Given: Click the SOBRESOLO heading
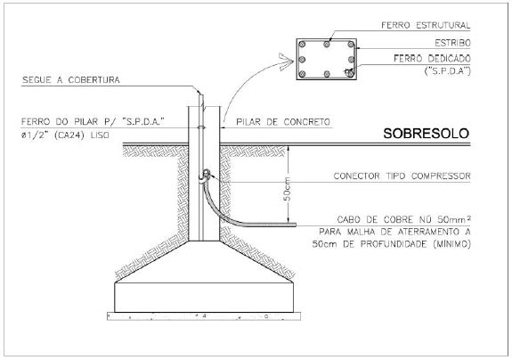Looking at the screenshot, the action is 427,134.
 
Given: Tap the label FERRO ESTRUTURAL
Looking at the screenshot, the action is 426,25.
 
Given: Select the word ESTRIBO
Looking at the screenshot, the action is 452,43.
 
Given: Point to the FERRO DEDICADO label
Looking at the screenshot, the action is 432,59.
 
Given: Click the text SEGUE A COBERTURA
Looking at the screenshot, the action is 71,80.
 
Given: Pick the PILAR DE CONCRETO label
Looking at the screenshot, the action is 283,122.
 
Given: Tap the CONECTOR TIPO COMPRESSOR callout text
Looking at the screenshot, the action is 402,176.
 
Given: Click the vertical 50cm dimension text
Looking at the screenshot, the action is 287,189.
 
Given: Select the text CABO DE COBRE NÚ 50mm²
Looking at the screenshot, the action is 404,219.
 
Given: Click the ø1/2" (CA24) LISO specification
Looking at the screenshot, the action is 65,135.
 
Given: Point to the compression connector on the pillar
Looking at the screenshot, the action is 205,175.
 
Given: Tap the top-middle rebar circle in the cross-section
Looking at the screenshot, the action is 327,44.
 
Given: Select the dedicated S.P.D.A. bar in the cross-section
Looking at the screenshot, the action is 350,72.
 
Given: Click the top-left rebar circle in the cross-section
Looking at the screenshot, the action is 303,44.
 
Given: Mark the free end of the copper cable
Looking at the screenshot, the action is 296,225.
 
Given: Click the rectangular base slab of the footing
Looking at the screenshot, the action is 204,298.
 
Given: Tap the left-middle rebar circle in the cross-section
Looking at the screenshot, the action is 302,60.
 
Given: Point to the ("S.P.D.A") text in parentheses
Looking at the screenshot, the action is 448,71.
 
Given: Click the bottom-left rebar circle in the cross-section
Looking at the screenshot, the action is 303,74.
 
